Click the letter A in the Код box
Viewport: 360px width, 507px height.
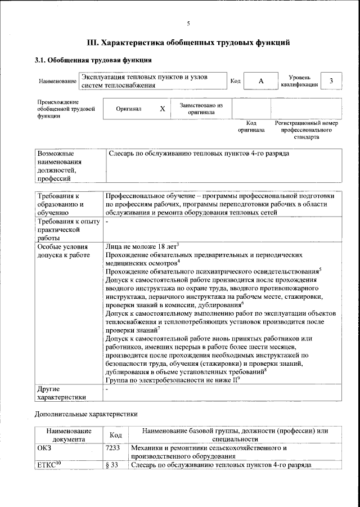(261, 81)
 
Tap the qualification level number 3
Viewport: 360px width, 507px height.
(331, 81)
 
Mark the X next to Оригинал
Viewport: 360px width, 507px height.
(162, 109)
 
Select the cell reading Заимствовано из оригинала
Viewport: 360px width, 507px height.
(201, 108)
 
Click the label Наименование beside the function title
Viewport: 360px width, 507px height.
(57, 82)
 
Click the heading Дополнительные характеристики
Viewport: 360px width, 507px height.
(83, 415)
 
